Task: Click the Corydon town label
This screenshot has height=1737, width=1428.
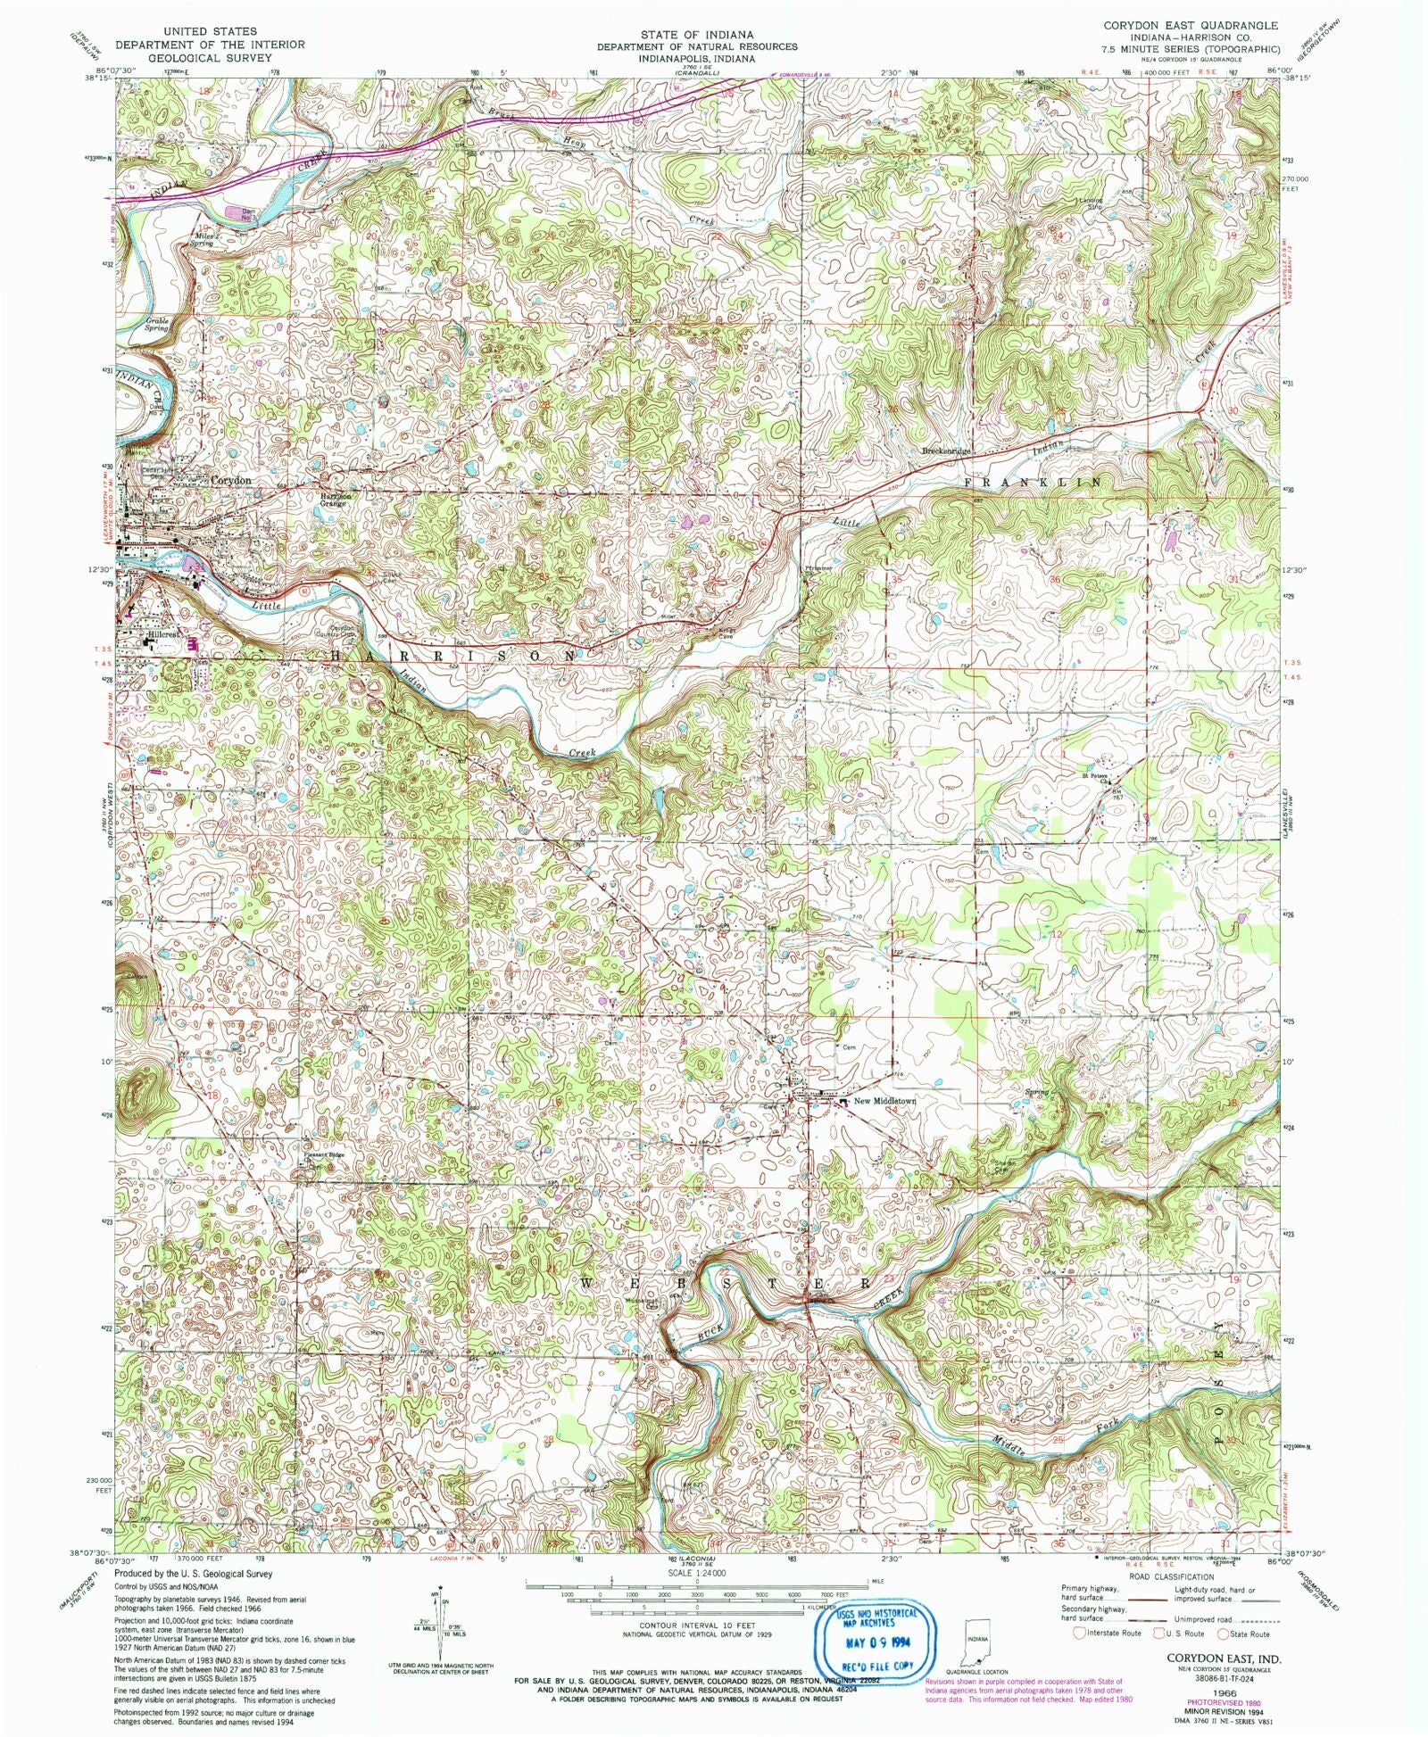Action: (x=230, y=480)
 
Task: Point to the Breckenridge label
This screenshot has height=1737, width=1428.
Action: (x=946, y=451)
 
